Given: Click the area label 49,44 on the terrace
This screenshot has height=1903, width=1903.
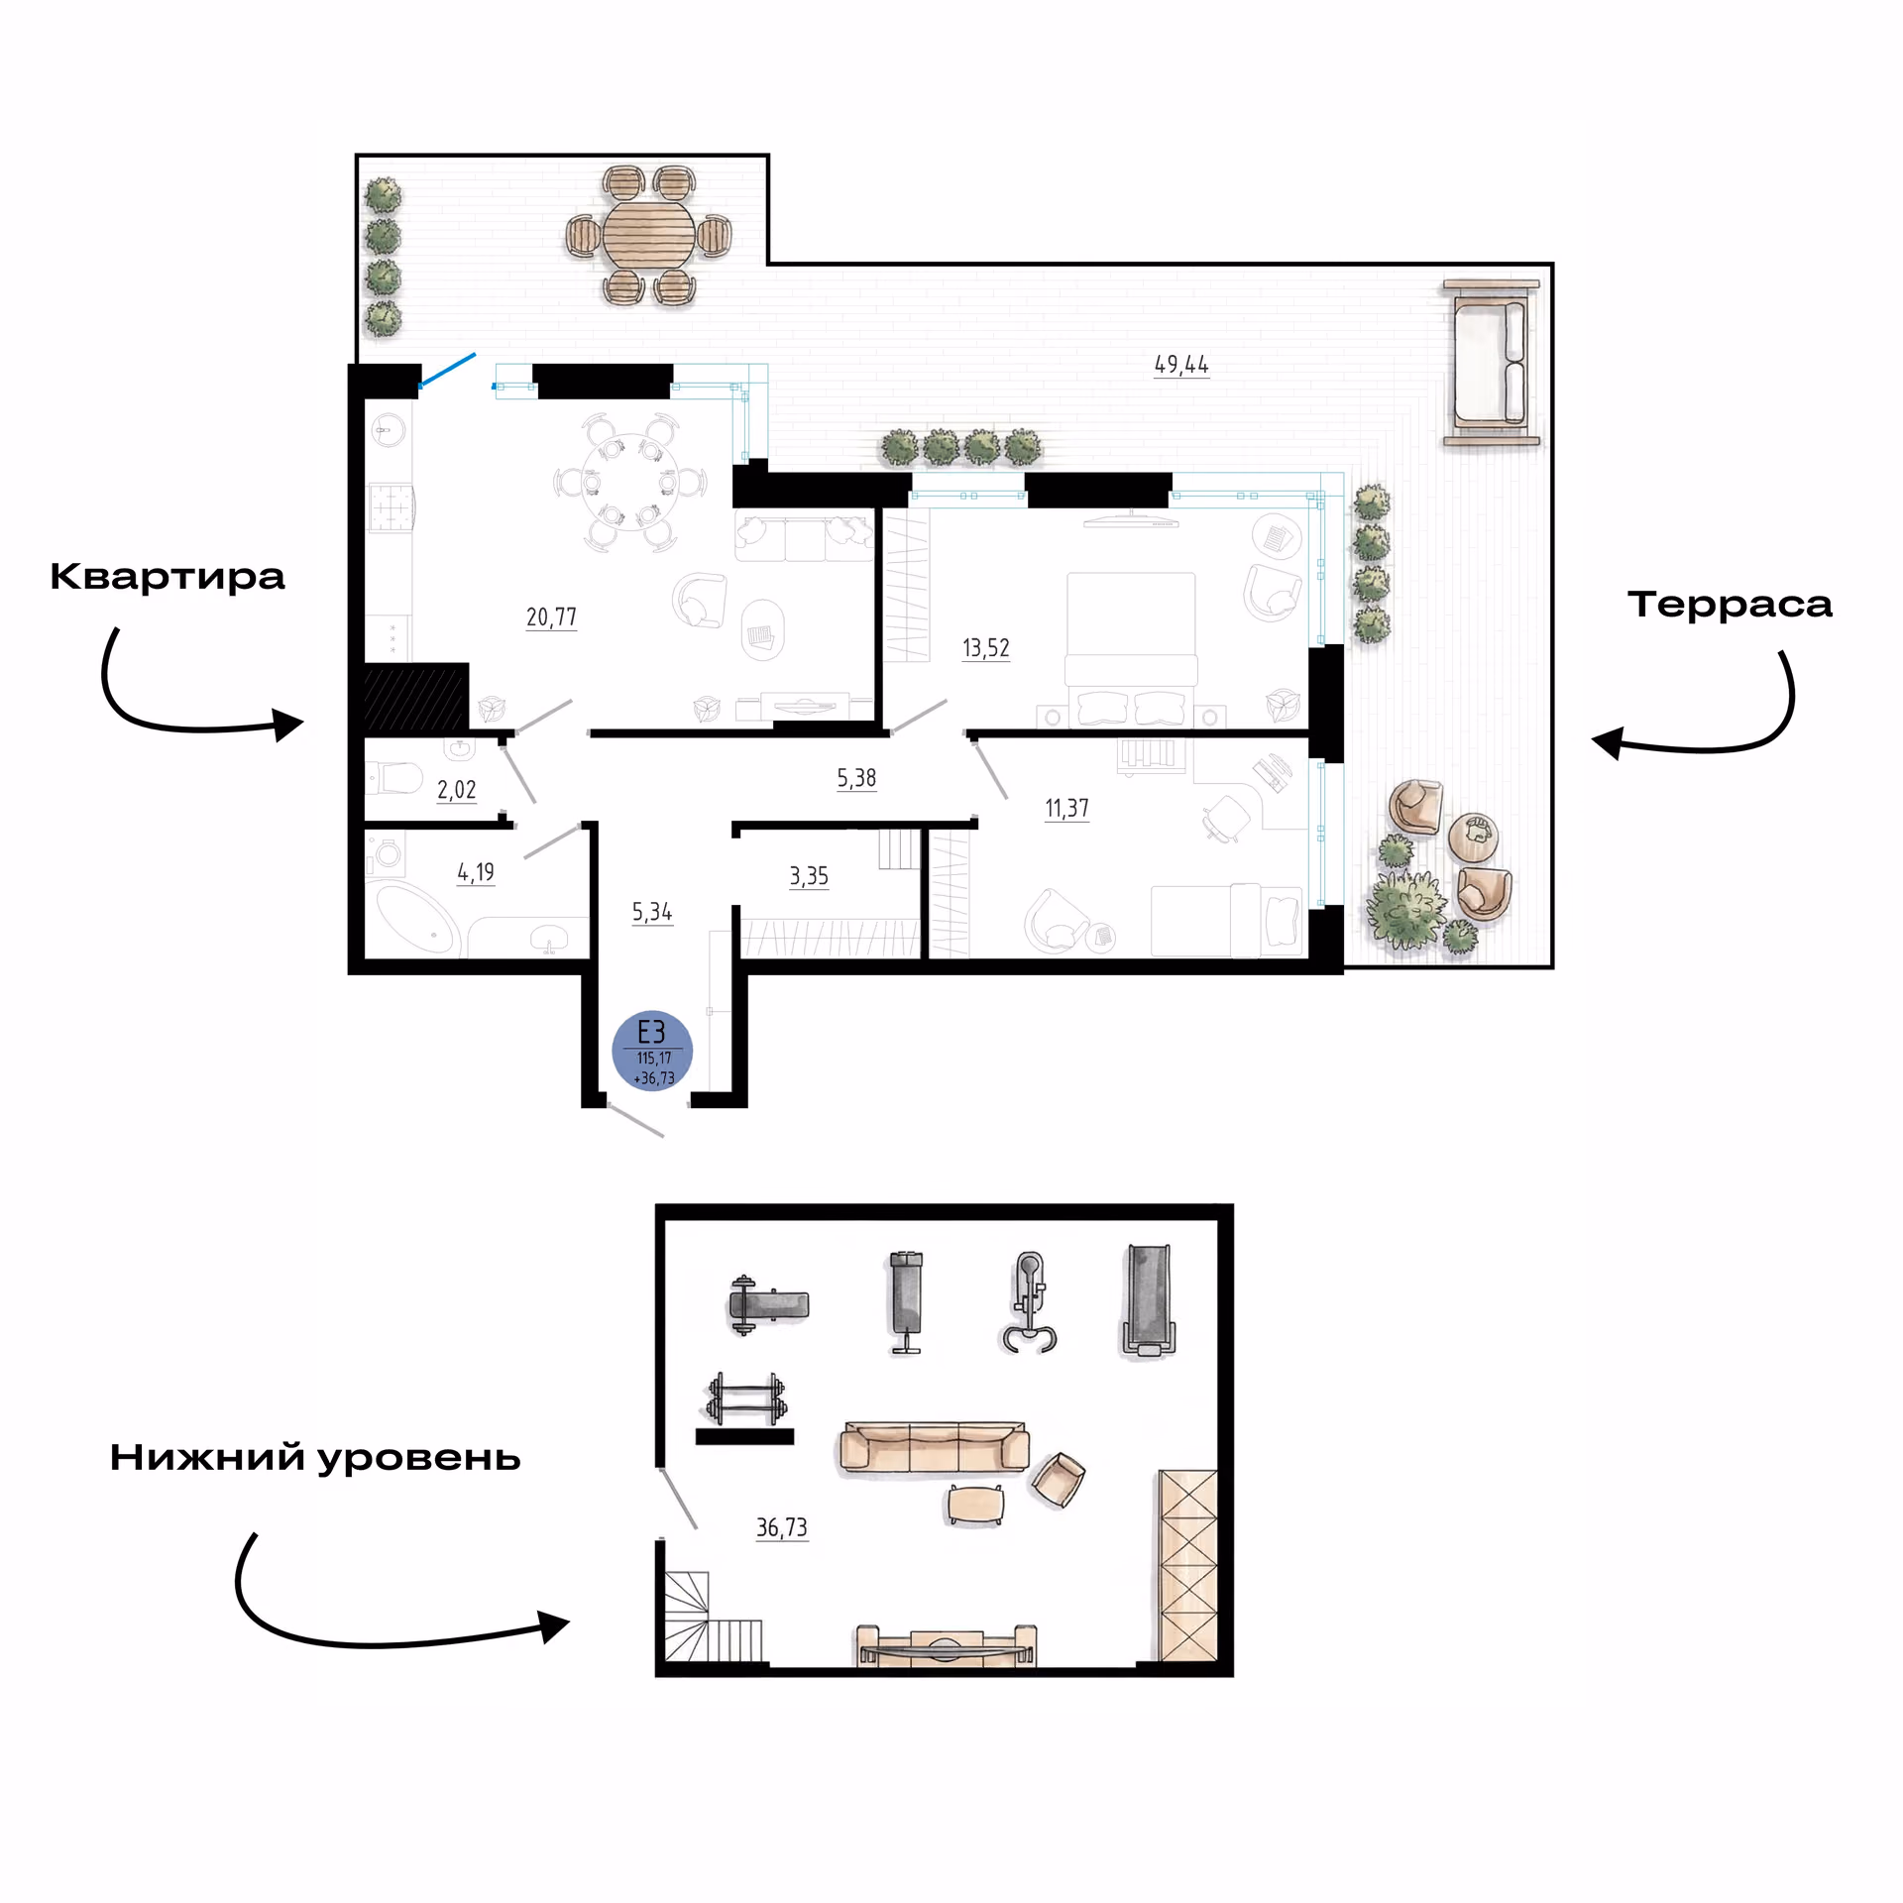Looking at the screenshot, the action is tap(1181, 365).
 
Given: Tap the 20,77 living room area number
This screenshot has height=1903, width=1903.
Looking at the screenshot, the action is tap(551, 617).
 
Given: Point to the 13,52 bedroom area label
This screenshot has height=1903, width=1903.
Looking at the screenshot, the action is tap(986, 648).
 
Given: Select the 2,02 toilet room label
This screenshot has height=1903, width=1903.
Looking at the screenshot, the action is tap(457, 790).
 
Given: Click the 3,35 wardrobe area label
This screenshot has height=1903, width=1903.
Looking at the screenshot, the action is tap(809, 876).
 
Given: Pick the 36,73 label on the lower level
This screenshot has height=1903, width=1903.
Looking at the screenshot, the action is tap(782, 1527).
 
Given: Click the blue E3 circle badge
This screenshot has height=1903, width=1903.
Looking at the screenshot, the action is tap(652, 1051).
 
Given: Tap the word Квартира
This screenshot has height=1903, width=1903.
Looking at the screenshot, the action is tap(168, 577).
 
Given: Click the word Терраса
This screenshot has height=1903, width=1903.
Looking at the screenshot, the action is tap(1730, 604).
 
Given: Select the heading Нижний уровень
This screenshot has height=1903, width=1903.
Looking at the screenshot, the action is tap(315, 1458).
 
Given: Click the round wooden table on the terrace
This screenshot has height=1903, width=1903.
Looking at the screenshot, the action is tap(649, 235).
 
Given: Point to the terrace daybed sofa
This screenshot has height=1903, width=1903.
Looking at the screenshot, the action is tap(1492, 363).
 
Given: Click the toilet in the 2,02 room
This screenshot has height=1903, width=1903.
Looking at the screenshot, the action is tap(394, 777).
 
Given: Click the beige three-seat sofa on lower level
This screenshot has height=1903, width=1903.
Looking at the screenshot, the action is tap(935, 1448).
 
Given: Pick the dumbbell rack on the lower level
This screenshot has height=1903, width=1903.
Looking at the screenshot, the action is tap(745, 1409).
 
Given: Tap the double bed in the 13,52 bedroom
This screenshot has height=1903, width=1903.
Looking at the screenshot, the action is tap(1131, 650).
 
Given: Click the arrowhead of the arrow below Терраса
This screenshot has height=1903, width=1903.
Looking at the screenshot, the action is tap(1608, 742).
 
